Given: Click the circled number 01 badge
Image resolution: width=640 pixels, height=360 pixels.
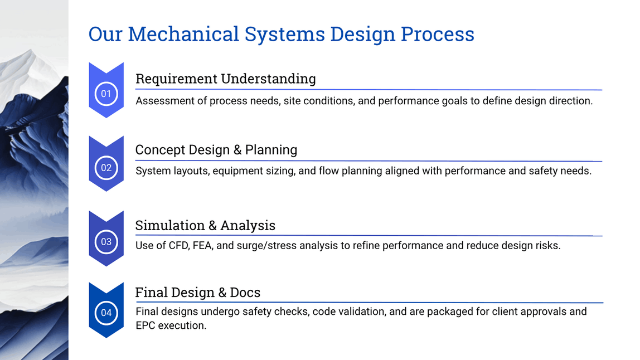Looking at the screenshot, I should [106, 94].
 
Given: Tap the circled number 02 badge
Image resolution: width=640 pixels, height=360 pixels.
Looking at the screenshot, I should [106, 168].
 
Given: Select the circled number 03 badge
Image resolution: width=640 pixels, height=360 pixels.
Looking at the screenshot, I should [106, 242].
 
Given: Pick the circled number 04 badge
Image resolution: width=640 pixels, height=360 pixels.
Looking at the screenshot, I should [106, 313].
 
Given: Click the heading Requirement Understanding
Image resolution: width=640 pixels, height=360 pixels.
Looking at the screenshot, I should [225, 79].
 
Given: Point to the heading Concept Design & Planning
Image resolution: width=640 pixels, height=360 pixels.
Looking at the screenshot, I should [216, 150].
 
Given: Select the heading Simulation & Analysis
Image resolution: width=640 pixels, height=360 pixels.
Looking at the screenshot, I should [205, 225].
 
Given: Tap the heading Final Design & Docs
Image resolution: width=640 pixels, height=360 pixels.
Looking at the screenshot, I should [197, 293].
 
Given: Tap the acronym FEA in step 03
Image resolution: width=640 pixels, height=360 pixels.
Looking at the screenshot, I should [202, 245].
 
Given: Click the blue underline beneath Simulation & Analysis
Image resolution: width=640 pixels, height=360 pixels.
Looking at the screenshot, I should [368, 236].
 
